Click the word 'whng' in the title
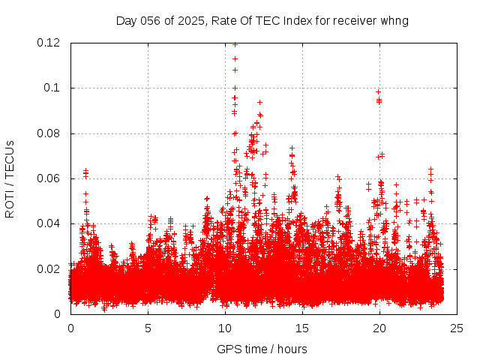(x=395, y=20)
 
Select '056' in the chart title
(x=148, y=20)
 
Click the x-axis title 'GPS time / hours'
(x=262, y=349)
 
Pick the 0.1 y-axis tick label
(x=54, y=88)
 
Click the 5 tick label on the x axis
(x=148, y=328)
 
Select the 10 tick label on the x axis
(x=225, y=328)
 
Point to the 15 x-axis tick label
(x=302, y=328)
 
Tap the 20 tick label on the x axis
(x=379, y=328)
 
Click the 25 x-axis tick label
(x=457, y=328)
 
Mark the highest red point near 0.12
(x=235, y=44)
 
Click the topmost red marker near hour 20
(x=378, y=91)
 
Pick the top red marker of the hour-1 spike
(x=85, y=171)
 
